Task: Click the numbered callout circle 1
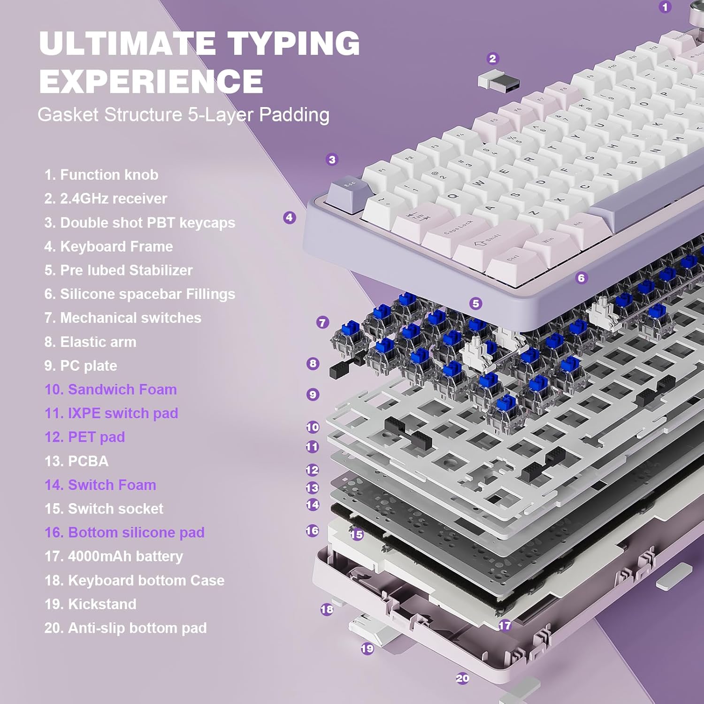(665, 7)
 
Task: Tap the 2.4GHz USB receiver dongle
(499, 82)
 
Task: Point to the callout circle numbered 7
(322, 322)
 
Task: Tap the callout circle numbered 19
(367, 649)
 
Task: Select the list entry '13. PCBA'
(77, 461)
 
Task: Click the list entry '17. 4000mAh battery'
(114, 557)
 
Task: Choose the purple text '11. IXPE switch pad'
(111, 413)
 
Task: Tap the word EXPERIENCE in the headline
(151, 81)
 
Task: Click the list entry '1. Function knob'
(101, 175)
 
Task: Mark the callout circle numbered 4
(290, 217)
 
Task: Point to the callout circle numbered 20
(462, 678)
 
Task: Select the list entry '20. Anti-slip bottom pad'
(126, 628)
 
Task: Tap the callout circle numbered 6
(581, 278)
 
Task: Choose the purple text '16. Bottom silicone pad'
(124, 533)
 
